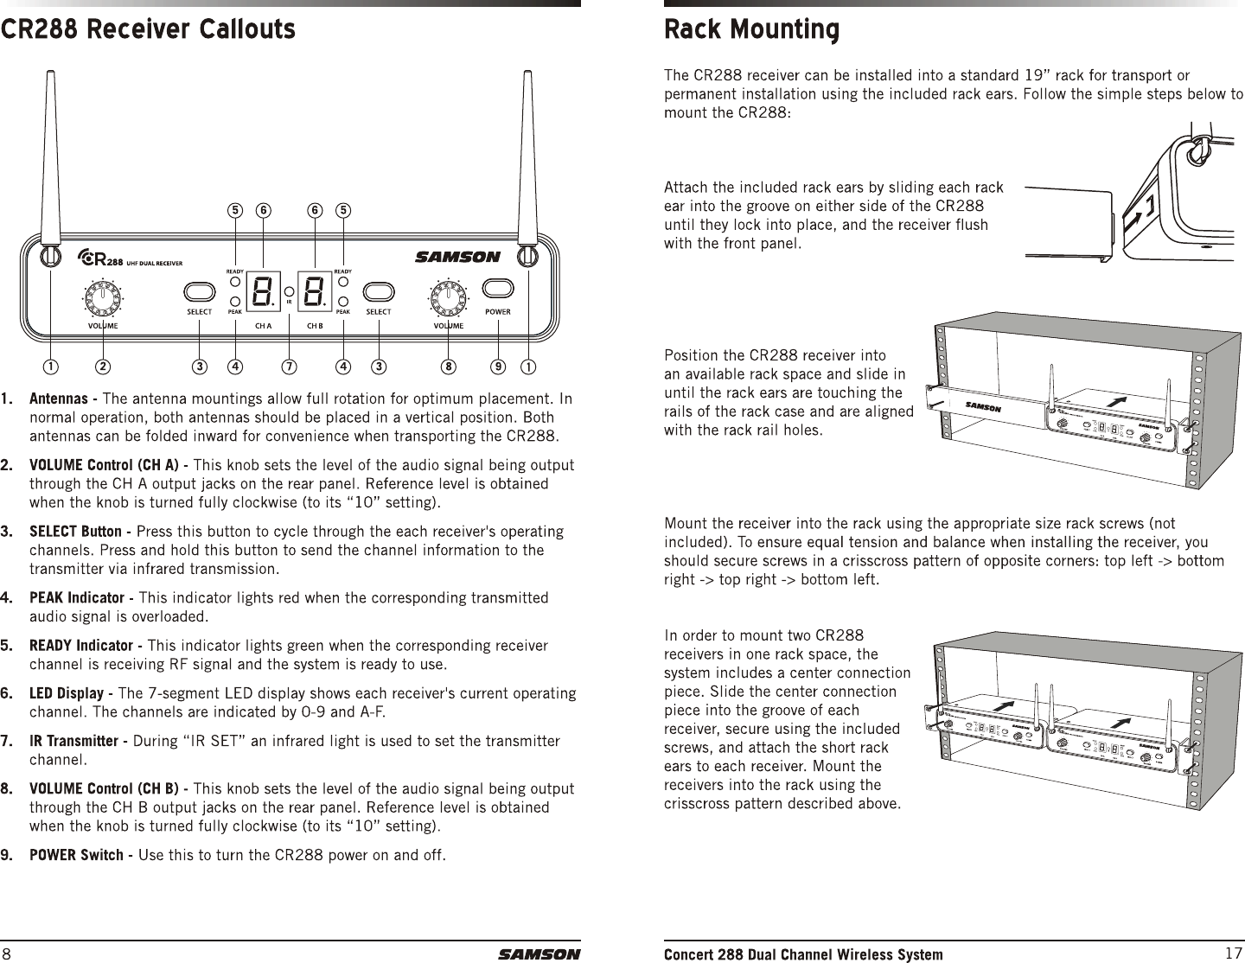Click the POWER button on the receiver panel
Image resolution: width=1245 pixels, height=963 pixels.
tap(497, 288)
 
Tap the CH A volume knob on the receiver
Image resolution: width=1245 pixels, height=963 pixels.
tap(104, 300)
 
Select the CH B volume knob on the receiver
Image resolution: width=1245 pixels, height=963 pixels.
tap(448, 300)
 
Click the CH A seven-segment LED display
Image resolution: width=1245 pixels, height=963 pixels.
tap(261, 292)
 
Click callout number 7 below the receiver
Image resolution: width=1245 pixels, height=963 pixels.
tap(289, 367)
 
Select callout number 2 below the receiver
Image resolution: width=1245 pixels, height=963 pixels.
tap(103, 367)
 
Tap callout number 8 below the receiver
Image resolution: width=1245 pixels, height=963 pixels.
tap(448, 367)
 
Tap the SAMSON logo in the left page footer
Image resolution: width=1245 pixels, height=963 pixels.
tap(539, 954)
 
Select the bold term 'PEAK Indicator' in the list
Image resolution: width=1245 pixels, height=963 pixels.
tap(76, 598)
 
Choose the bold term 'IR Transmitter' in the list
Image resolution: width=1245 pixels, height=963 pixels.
tap(76, 742)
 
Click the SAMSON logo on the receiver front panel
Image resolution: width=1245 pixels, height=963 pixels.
tap(457, 257)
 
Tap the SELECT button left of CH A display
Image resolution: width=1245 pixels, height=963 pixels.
tap(200, 289)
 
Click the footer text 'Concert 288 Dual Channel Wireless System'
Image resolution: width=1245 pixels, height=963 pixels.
tap(803, 954)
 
